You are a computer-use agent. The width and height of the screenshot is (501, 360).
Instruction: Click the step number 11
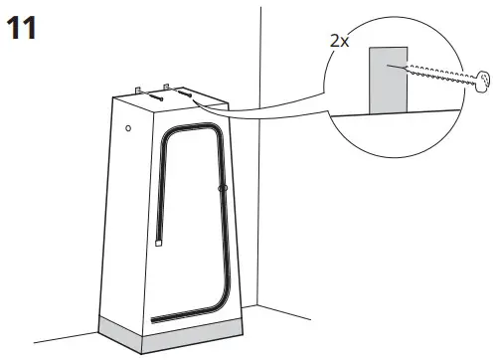(23, 27)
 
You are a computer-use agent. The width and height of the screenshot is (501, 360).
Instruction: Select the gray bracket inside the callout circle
(388, 79)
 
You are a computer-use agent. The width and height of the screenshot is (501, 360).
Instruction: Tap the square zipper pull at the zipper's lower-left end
(159, 240)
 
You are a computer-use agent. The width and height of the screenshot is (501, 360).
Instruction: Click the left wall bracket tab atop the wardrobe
(140, 90)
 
